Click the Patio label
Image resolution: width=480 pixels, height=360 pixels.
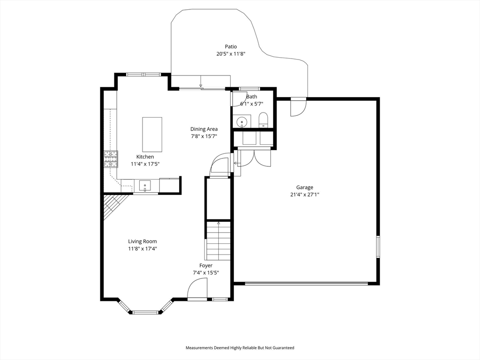(x=231, y=46)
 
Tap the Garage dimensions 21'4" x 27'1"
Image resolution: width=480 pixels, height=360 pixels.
(x=305, y=194)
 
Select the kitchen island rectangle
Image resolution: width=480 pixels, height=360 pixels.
(x=152, y=135)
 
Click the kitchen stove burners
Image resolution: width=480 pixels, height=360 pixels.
(x=111, y=159)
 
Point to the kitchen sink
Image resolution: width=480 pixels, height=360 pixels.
(x=145, y=186)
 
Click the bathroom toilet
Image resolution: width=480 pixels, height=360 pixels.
(x=263, y=120)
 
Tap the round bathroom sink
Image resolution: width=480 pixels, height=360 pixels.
(x=241, y=121)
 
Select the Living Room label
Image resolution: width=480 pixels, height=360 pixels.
(x=142, y=241)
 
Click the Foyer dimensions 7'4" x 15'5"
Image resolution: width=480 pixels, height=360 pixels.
(x=206, y=273)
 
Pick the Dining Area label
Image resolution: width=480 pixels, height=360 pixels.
(x=204, y=129)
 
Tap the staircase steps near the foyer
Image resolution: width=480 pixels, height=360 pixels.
(x=218, y=240)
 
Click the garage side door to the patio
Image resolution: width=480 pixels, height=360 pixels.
(x=298, y=107)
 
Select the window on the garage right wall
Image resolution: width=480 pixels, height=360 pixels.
(x=378, y=247)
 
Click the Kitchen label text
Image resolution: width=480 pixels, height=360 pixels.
(x=145, y=157)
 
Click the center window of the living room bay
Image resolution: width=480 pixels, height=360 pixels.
(x=145, y=313)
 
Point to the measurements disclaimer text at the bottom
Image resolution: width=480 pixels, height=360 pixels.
(x=240, y=348)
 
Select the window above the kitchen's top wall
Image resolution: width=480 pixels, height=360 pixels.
(x=143, y=74)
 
